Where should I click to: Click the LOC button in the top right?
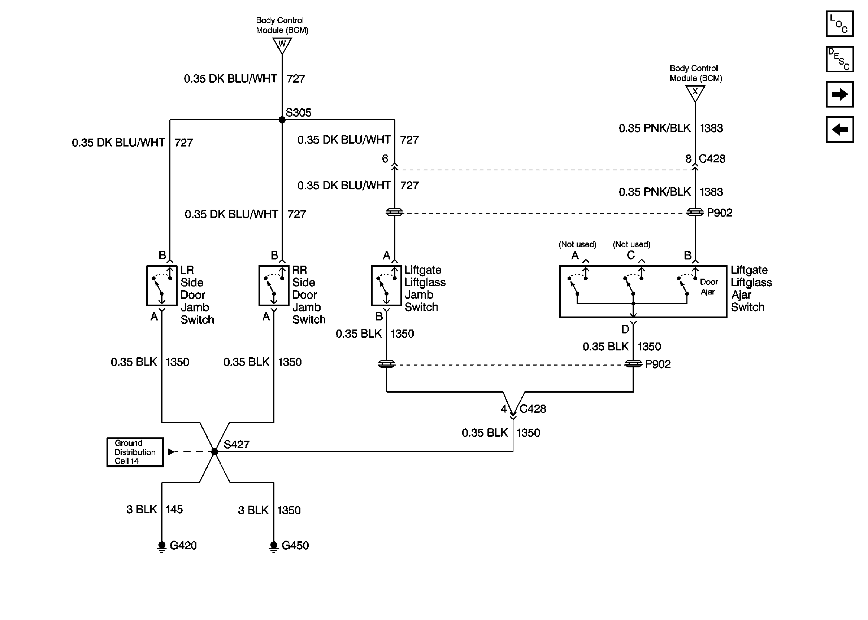(839, 24)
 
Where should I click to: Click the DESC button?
(839, 59)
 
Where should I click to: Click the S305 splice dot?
(282, 120)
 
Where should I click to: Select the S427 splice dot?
(214, 451)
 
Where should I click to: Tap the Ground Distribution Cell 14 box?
(135, 452)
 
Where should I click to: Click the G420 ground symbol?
(161, 546)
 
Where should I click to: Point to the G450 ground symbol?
(273, 546)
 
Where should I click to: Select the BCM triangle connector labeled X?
(695, 93)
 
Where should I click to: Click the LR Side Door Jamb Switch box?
(161, 285)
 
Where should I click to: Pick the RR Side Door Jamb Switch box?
(274, 285)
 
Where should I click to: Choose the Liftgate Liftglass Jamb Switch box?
(386, 285)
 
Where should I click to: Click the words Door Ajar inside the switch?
(708, 287)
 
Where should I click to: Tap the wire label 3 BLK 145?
(155, 509)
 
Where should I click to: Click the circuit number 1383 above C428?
(711, 128)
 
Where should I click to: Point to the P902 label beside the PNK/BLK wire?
(720, 213)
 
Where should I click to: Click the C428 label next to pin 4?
(533, 409)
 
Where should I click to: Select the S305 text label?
(298, 113)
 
